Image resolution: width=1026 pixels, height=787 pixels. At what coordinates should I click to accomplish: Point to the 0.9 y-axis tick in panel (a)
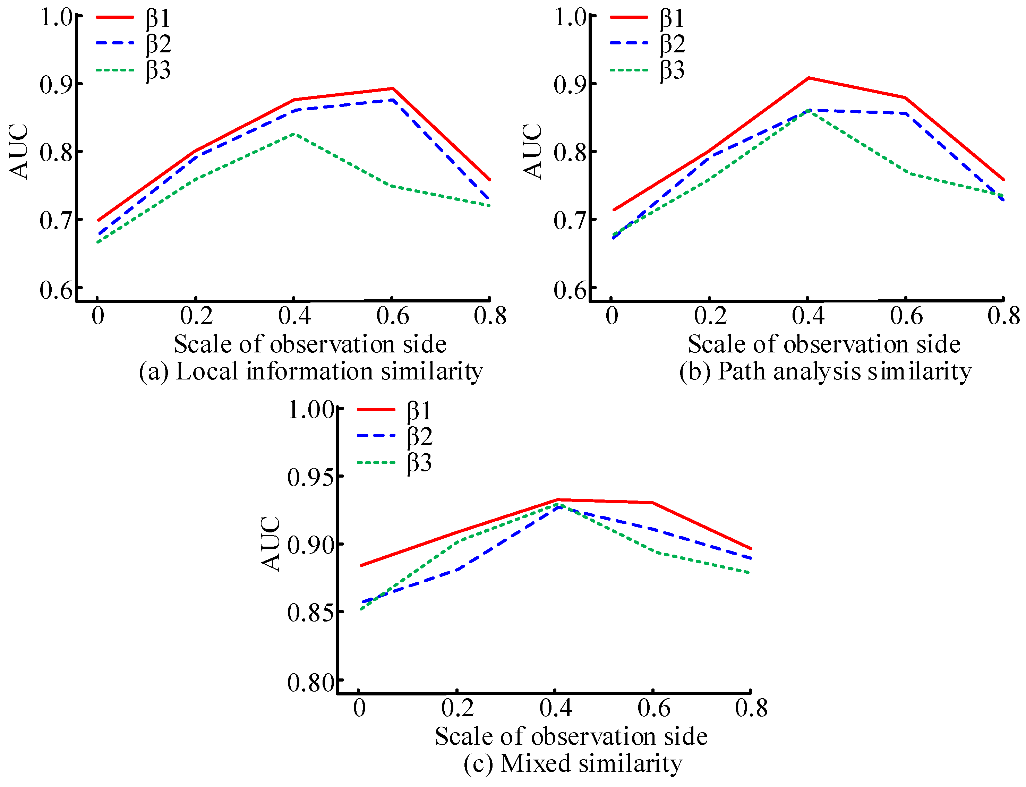(x=56, y=85)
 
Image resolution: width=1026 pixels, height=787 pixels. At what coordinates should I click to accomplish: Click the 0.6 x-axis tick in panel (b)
(x=906, y=315)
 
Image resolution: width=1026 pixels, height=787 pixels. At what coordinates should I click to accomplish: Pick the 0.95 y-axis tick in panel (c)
(x=309, y=477)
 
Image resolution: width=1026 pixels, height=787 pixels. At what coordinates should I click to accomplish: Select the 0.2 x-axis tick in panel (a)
(x=196, y=315)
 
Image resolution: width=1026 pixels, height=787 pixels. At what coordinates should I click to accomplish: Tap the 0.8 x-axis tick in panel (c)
(x=751, y=707)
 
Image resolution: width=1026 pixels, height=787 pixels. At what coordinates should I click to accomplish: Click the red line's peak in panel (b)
(x=809, y=78)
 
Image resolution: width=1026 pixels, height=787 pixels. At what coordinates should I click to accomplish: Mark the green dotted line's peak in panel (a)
(x=294, y=134)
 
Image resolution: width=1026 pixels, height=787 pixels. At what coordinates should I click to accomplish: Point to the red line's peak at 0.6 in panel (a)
(x=392, y=88)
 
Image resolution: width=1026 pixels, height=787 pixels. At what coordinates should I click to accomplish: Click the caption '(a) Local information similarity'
(x=310, y=371)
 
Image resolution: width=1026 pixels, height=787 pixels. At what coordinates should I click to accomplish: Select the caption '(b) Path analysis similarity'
(x=824, y=371)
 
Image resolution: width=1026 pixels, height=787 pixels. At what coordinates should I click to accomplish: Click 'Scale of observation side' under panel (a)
(x=310, y=344)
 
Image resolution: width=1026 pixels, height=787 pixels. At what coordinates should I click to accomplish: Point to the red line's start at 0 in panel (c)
(x=361, y=565)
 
